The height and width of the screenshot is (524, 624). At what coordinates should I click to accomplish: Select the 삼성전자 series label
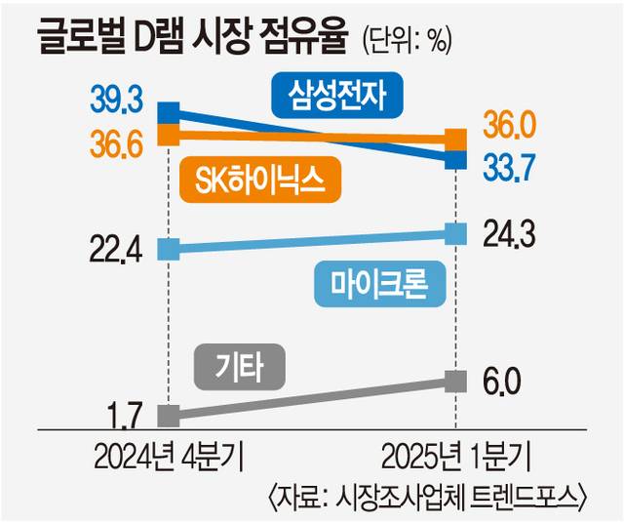[x=337, y=95]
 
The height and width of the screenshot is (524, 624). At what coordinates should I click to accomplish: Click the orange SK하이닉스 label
[x=259, y=181]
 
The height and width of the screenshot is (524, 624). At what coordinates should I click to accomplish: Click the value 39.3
[x=117, y=99]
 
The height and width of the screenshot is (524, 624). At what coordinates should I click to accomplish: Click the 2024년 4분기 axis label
[x=170, y=458]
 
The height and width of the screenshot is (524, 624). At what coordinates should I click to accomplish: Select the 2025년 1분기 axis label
[x=455, y=458]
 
